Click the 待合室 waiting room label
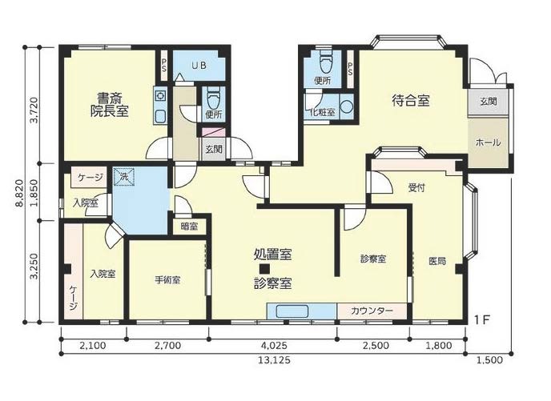pos(411,101)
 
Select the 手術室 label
pos(167,280)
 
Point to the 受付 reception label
pos(416,189)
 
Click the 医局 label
pos(436,261)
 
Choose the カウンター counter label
pos(372,311)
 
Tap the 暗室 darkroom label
pos(190,227)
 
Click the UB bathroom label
pos(199,66)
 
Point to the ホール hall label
pos(488,142)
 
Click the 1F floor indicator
pos(481,320)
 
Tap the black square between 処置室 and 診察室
pos(272,270)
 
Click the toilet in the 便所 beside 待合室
pos(325,62)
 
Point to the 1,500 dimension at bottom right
pos(489,360)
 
